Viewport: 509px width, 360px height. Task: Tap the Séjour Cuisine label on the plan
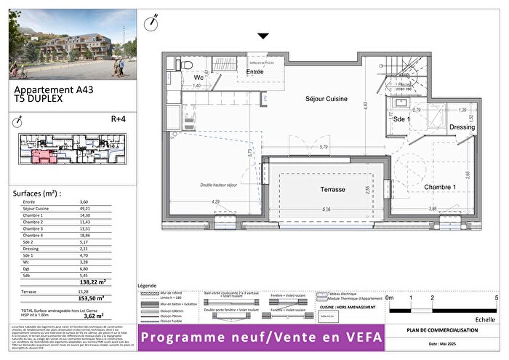pyautogui.click(x=325, y=98)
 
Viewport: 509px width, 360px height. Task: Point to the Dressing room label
pyautogui.click(x=461, y=127)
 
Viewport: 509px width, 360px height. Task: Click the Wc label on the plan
pyautogui.click(x=198, y=77)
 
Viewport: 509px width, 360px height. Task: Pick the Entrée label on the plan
pyautogui.click(x=255, y=72)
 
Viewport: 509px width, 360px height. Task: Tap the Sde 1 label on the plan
pyautogui.click(x=402, y=119)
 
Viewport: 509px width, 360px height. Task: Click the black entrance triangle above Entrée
pyautogui.click(x=263, y=36)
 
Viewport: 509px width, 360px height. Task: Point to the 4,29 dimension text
pyautogui.click(x=215, y=201)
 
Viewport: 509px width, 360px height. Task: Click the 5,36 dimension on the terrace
pyautogui.click(x=329, y=209)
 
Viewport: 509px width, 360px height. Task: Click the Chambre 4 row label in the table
pyautogui.click(x=33, y=235)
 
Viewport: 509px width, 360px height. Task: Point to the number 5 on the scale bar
pyautogui.click(x=496, y=297)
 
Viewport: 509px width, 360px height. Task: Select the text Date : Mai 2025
pyautogui.click(x=442, y=343)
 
